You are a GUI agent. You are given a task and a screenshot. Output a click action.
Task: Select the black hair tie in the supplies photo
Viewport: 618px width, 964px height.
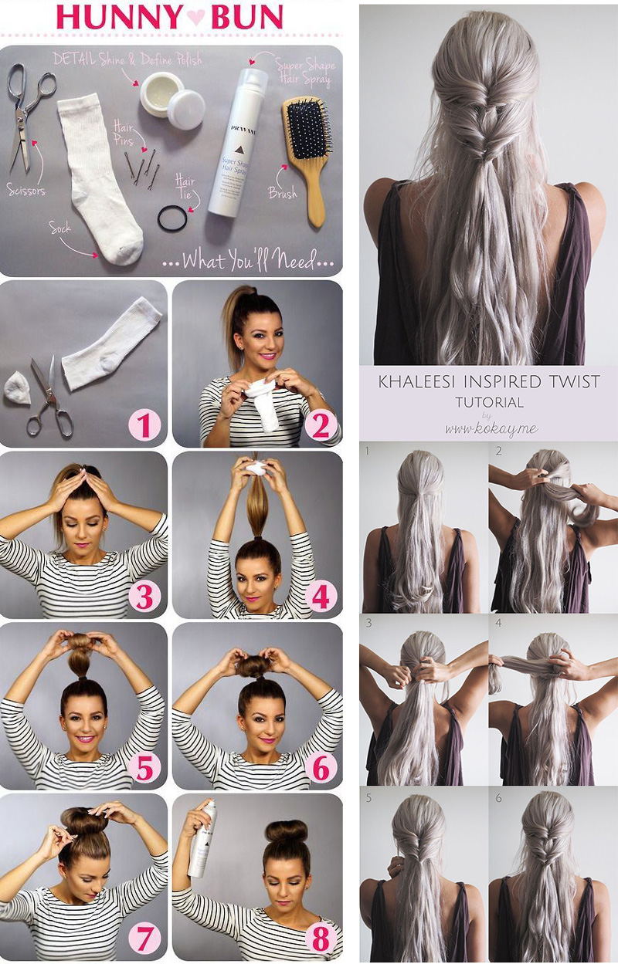click(172, 218)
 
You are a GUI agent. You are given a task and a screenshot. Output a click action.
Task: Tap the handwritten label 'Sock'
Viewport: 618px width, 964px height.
click(60, 227)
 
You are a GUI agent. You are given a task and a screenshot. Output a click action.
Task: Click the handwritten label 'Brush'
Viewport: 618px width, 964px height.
click(282, 193)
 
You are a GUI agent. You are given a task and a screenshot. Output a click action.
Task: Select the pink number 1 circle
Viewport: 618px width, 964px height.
click(144, 424)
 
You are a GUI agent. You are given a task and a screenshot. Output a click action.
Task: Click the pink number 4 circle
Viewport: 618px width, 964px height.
click(319, 596)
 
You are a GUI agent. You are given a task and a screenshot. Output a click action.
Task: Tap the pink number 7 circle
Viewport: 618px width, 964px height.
click(144, 939)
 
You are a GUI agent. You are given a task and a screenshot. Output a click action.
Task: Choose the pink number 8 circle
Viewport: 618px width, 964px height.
click(319, 939)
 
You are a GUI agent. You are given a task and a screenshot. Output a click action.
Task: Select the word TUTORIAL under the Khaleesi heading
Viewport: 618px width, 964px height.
click(489, 402)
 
